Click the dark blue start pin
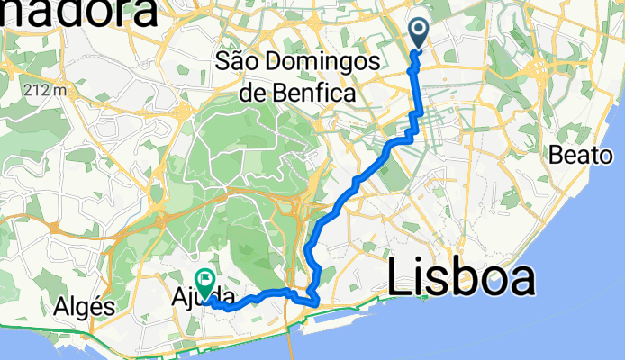pos(421,32)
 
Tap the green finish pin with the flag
pos(204,284)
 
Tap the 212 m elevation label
pos(47,90)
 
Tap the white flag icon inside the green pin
pos(204,281)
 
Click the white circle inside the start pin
pos(421,30)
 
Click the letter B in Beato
pos(555,155)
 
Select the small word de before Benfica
pos(253,91)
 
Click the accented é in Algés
pos(95,306)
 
